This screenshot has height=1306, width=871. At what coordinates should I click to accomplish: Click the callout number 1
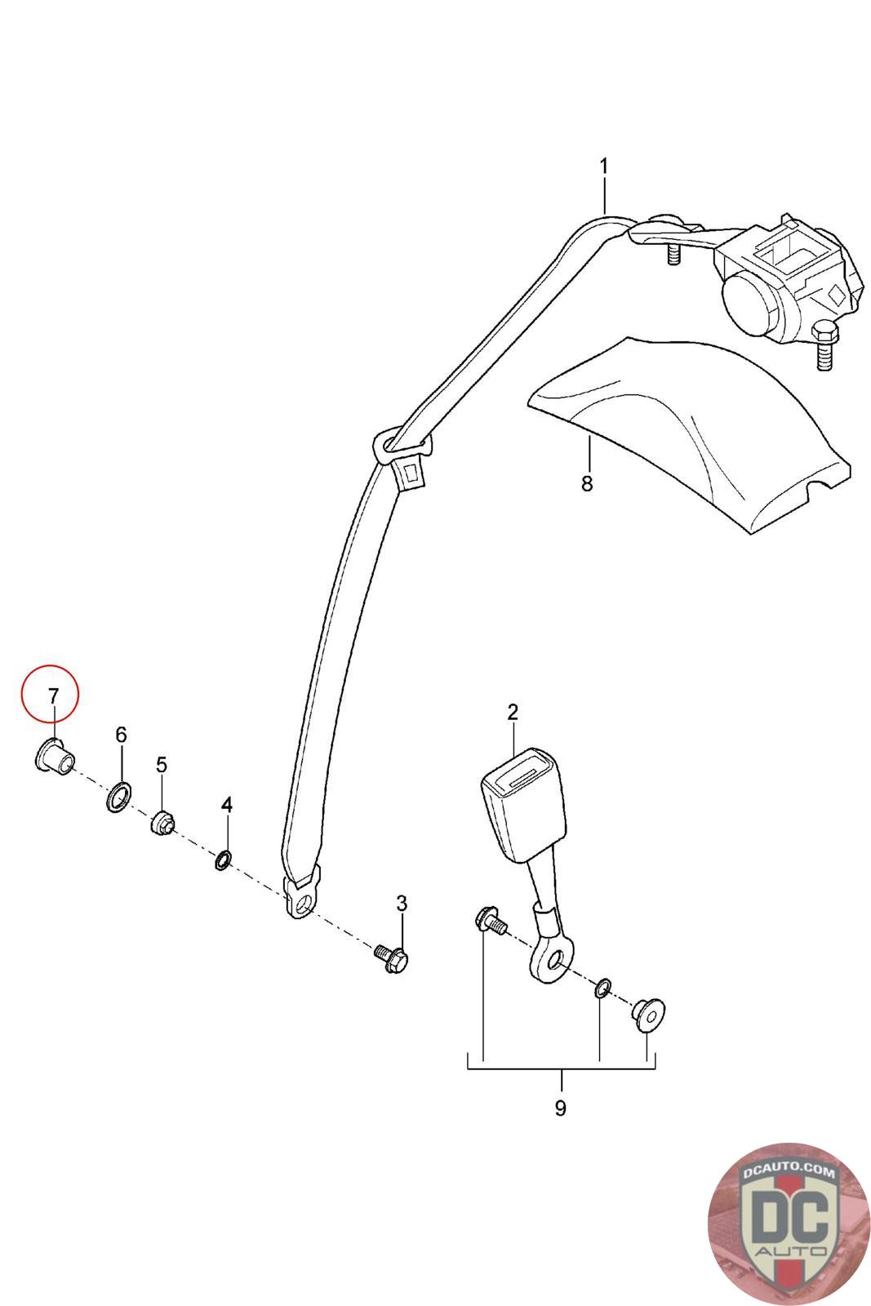pos(603,167)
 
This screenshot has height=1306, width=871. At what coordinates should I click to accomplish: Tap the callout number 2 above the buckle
pos(512,712)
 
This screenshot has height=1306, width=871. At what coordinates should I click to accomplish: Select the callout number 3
pos(401,904)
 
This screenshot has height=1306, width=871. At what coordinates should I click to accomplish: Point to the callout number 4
pos(227,806)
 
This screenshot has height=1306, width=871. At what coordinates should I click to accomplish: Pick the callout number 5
pos(162,765)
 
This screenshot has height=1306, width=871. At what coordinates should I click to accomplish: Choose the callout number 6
pos(121,735)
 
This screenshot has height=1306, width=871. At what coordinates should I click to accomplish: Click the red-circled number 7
pos(53,696)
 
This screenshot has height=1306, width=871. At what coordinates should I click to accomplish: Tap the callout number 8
pos(587,483)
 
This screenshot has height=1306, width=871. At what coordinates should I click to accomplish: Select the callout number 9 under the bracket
pos(560,1108)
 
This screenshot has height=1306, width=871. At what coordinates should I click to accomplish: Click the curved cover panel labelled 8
pos(694,433)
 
